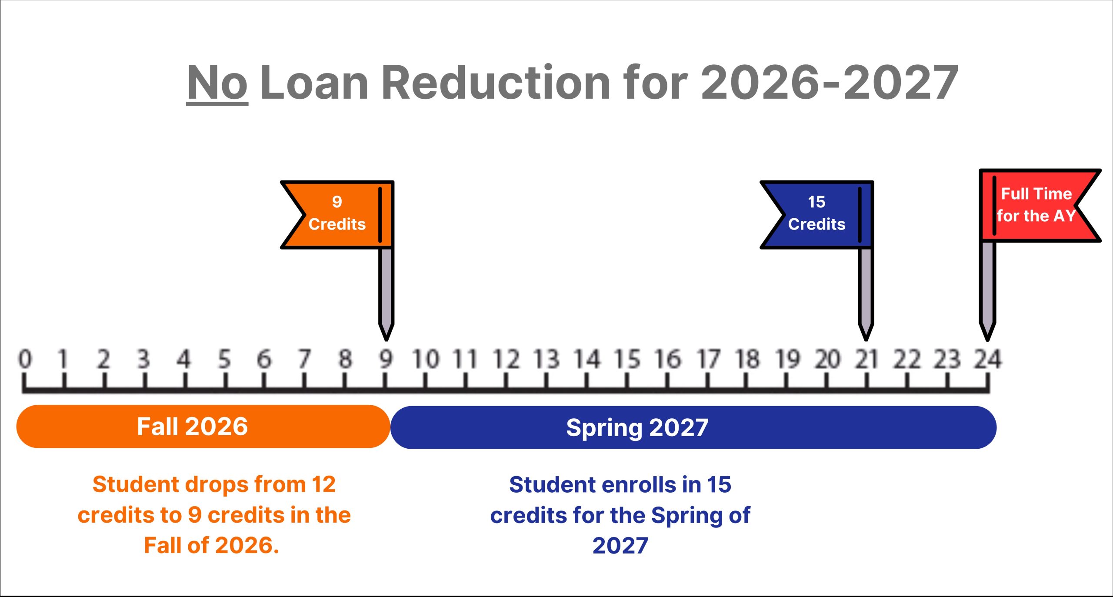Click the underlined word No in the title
pyautogui.click(x=217, y=82)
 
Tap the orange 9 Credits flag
pyautogui.click(x=337, y=214)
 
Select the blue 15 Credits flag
pyautogui.click(x=816, y=214)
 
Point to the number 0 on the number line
pyautogui.click(x=25, y=360)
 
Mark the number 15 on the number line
pyautogui.click(x=627, y=360)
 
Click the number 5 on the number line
pyautogui.click(x=224, y=360)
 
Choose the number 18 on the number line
pyautogui.click(x=747, y=360)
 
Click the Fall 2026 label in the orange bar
pyautogui.click(x=192, y=427)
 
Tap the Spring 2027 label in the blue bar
pyautogui.click(x=637, y=428)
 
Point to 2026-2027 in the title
pyautogui.click(x=830, y=82)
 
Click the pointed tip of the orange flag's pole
pyautogui.click(x=386, y=340)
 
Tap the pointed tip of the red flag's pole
pyautogui.click(x=987, y=340)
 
